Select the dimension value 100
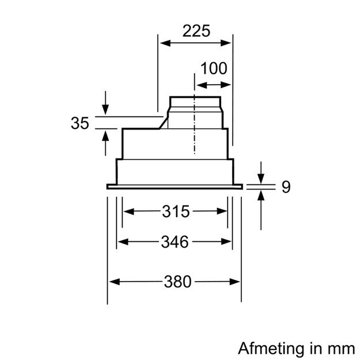[x=214, y=69]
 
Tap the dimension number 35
[x=80, y=123]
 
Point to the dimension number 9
[x=286, y=187]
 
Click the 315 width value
[x=176, y=211]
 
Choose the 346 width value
[x=175, y=242]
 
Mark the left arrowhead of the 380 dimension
[x=113, y=282]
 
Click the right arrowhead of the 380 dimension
[x=236, y=282]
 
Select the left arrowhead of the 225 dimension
[x=164, y=43]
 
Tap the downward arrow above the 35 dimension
[x=105, y=108]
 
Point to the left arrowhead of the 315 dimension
[x=128, y=211]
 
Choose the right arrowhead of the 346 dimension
[x=228, y=242]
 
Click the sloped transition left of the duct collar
[x=164, y=122]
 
